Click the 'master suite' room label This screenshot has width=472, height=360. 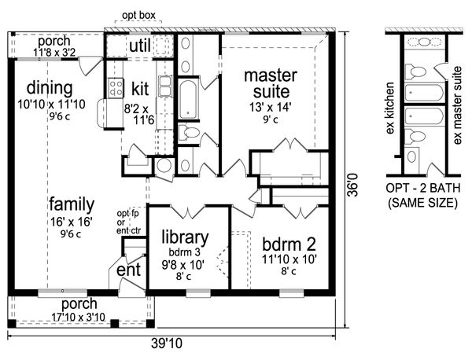click(271, 84)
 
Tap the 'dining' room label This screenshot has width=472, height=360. click(50, 88)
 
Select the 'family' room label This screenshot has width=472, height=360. click(72, 204)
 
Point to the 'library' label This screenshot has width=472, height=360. click(185, 237)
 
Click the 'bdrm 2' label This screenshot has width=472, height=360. click(289, 244)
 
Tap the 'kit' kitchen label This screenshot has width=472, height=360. click(140, 88)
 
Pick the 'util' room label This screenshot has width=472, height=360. click(140, 46)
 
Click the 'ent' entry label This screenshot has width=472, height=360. click(128, 270)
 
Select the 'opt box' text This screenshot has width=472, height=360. click(138, 16)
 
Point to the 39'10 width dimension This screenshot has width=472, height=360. click(167, 343)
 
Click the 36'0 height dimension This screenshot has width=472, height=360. click(352, 185)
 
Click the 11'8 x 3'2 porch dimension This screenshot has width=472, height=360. click(54, 53)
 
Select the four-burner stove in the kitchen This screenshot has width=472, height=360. click(116, 88)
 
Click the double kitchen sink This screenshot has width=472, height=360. click(165, 86)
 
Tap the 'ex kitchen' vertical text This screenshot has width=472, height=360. click(390, 108)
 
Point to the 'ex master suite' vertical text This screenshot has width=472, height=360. click(457, 105)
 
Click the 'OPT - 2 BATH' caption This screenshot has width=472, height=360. click(423, 188)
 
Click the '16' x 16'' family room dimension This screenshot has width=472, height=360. click(71, 222)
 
